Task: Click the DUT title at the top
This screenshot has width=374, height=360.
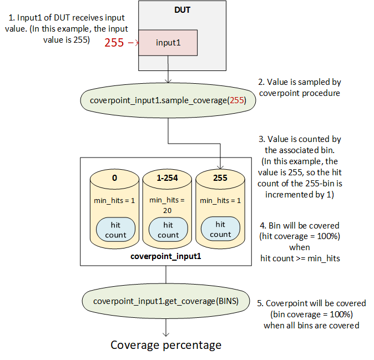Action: tap(183, 11)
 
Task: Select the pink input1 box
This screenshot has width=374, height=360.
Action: tap(167, 43)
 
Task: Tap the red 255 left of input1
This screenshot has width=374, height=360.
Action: tap(114, 43)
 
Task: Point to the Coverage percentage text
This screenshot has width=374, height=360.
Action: tap(166, 345)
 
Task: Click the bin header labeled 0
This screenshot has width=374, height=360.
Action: tap(115, 178)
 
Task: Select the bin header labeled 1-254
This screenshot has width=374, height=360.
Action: tap(168, 178)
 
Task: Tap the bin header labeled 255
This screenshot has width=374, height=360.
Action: tap(220, 178)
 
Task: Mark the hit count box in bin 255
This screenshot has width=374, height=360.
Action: tap(220, 230)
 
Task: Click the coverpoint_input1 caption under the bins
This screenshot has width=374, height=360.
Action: tap(165, 257)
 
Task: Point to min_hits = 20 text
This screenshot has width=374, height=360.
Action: tap(168, 205)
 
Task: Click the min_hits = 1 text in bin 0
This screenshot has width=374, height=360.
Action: tap(115, 200)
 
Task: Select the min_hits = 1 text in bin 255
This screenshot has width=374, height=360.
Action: tap(220, 200)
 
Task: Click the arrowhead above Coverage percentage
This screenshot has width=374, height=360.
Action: tap(166, 334)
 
